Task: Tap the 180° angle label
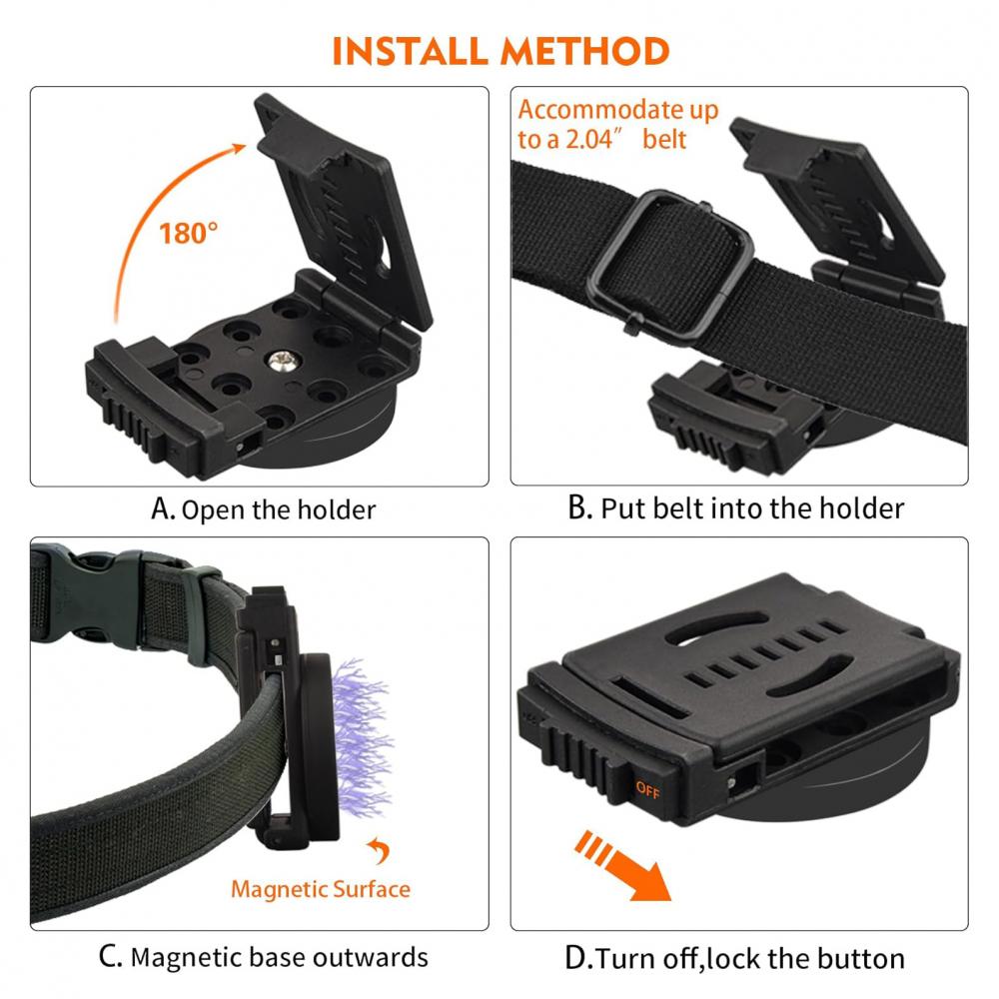pyautogui.click(x=188, y=234)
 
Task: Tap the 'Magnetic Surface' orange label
pyautogui.click(x=320, y=888)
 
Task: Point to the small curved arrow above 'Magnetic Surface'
pyautogui.click(x=380, y=851)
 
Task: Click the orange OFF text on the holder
pyautogui.click(x=646, y=788)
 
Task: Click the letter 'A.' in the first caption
pyautogui.click(x=162, y=509)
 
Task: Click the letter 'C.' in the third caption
pyautogui.click(x=110, y=957)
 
